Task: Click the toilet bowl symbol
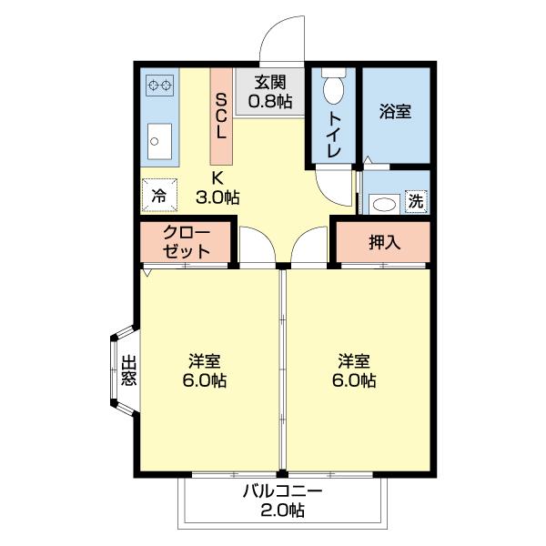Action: (332, 88)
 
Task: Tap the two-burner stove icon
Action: (160, 86)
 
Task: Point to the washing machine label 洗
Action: (416, 200)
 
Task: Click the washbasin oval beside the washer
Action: (386, 203)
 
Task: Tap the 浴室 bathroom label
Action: (395, 112)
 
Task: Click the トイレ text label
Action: (334, 135)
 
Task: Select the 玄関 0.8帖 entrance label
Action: (270, 91)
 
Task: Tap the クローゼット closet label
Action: (187, 242)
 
